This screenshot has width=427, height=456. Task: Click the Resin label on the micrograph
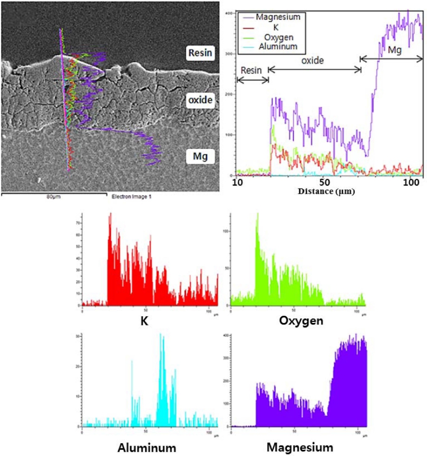coord(200,52)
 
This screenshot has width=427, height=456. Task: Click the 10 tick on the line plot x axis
coord(238,183)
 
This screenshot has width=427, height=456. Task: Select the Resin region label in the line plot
coord(251,70)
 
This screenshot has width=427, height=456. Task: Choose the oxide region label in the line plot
coord(312,61)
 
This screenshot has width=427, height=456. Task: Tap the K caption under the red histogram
coord(145,322)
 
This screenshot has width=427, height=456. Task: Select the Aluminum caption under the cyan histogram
coord(147,447)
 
